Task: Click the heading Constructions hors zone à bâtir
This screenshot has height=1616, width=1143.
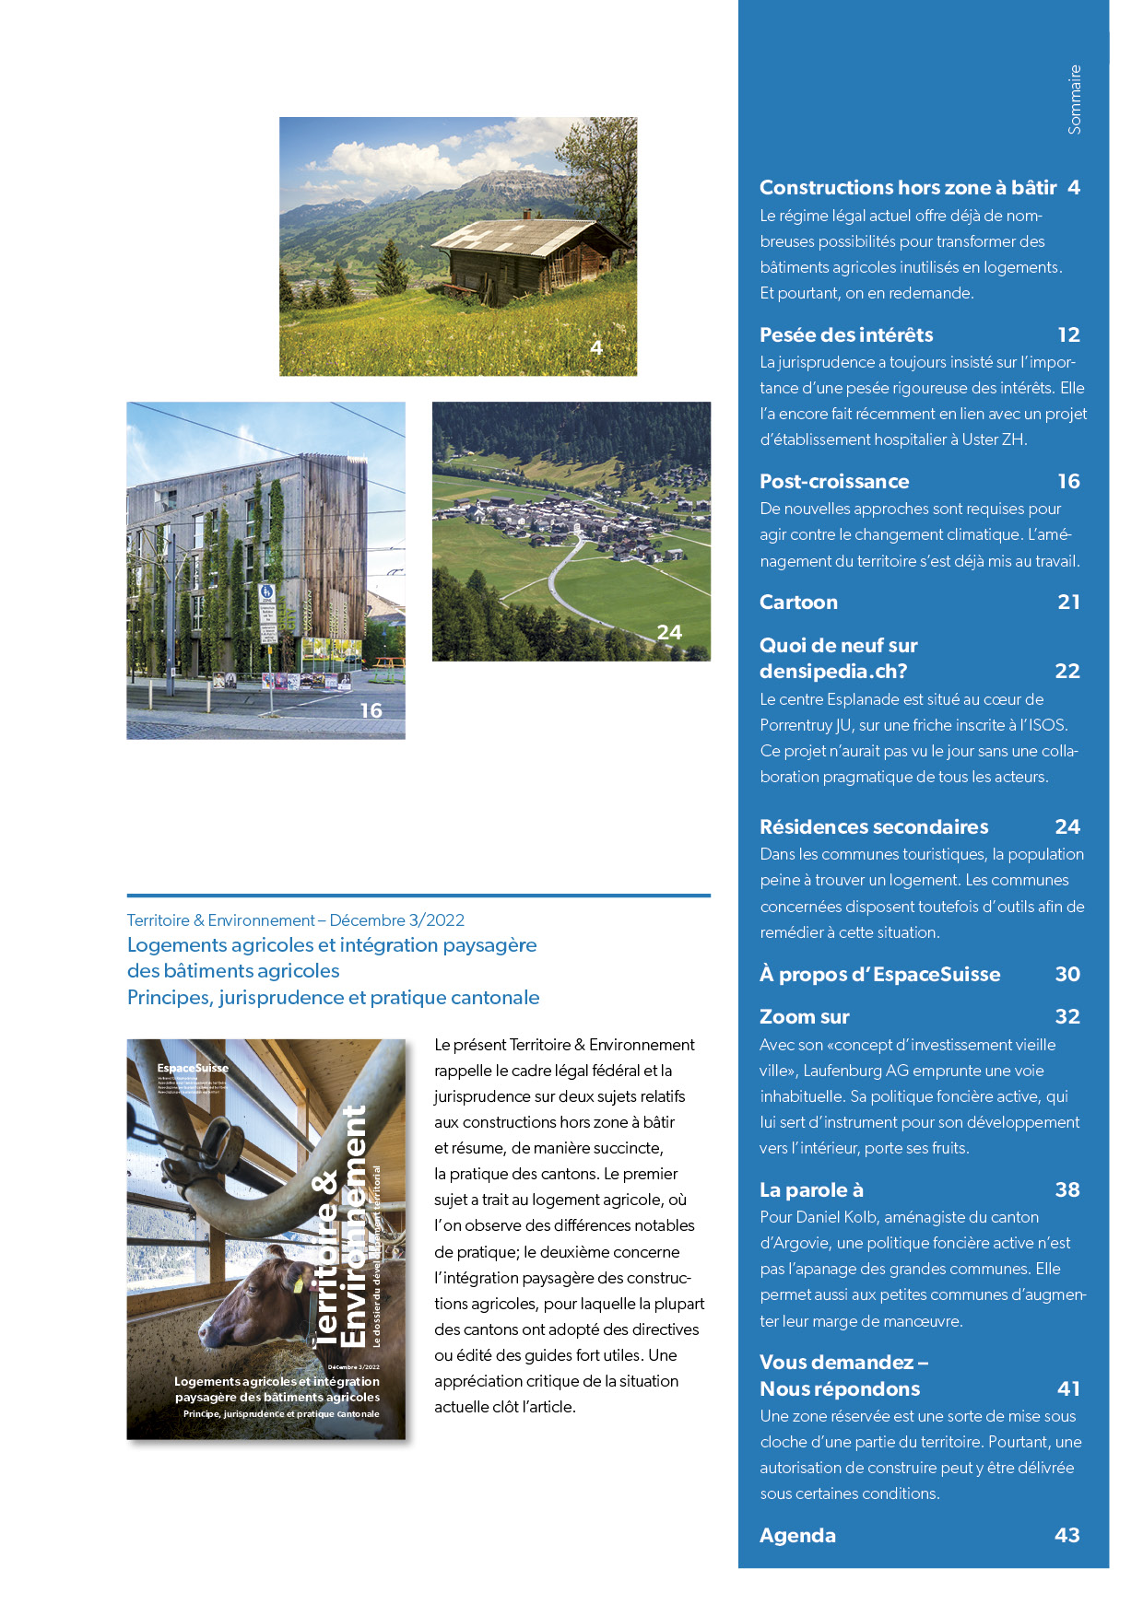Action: (907, 188)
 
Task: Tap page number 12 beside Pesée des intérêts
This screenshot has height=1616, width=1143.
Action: (1068, 335)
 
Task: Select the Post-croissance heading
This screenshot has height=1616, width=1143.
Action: (833, 482)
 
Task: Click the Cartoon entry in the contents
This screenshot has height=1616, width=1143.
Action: (798, 603)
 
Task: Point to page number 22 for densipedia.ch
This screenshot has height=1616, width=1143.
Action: (1066, 672)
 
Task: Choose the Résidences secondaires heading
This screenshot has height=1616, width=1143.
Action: (873, 827)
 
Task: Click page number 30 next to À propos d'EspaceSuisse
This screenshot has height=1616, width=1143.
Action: (1066, 975)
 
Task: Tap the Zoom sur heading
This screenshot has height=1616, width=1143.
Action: (804, 1017)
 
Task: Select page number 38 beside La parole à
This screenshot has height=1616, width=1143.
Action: (1066, 1190)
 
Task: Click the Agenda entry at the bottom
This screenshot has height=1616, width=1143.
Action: (797, 1536)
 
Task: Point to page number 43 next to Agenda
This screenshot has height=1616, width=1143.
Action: (1066, 1536)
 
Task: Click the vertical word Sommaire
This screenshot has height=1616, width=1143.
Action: (1074, 100)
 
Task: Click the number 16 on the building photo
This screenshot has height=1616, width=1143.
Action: (371, 711)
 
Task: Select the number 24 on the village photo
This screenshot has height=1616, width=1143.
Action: (669, 633)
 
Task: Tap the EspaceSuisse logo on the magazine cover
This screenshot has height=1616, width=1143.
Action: (193, 1069)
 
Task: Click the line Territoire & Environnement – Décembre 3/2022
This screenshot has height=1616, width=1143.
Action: (295, 920)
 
